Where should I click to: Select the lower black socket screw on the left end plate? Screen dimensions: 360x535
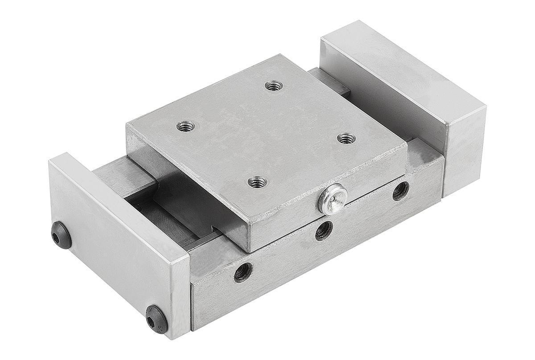coord(156,319)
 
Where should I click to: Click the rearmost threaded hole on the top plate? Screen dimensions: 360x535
coord(273,86)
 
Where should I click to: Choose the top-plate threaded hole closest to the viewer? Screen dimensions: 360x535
coord(257,182)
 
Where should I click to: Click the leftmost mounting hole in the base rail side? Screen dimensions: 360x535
coord(243,272)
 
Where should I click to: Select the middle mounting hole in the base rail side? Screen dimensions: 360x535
coord(324,230)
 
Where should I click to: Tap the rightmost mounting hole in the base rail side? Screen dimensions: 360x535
coord(400,191)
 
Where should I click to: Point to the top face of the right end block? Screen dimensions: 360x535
coord(401,71)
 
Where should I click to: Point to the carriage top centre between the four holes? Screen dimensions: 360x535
coord(265,134)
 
